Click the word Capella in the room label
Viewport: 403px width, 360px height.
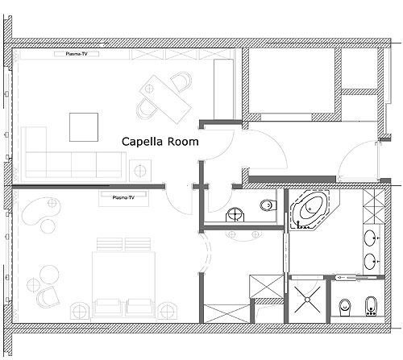coord(142,142)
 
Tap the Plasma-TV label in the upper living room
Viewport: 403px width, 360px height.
coord(77,54)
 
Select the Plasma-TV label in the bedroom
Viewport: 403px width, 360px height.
coord(123,197)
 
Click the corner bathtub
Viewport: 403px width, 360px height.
coord(310,209)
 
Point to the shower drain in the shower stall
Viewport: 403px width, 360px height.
coord(307,300)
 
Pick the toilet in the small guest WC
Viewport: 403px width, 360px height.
coord(268,205)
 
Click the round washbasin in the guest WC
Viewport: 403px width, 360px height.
coord(235,214)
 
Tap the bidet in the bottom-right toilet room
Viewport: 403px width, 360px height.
coord(370,306)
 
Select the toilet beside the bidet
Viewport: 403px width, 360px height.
coord(344,308)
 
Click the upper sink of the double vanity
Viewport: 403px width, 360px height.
coord(371,238)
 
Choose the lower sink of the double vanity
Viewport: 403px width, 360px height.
coord(371,261)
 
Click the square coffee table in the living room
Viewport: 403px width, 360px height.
coord(84,127)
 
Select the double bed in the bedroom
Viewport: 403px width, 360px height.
coord(123,284)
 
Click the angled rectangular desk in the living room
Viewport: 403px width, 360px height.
coord(165,99)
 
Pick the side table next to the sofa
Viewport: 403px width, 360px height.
coord(140,170)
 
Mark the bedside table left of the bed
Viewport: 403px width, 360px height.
coord(80,311)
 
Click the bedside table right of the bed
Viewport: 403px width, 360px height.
coord(168,311)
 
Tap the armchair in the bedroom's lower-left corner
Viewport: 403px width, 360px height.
coord(48,297)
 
